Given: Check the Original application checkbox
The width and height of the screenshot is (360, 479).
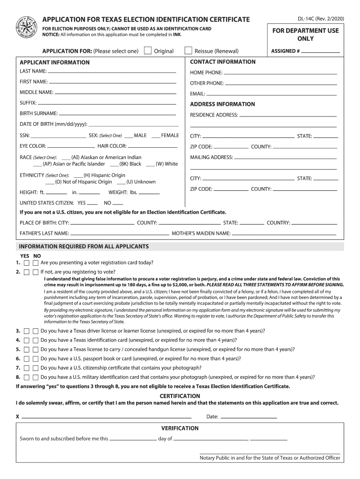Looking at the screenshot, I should (148, 51).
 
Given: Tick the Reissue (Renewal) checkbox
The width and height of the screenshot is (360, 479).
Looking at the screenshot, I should (188, 51).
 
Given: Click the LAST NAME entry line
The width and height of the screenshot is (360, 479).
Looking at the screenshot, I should (112, 73).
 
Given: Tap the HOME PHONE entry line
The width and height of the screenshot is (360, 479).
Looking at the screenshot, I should (281, 73).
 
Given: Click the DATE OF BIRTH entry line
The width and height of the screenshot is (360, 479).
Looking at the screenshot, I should (133, 125).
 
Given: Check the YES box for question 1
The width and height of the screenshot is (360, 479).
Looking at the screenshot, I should (27, 263).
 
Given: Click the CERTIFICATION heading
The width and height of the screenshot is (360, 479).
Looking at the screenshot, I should (180, 396).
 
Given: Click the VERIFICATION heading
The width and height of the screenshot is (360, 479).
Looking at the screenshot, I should (180, 428).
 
